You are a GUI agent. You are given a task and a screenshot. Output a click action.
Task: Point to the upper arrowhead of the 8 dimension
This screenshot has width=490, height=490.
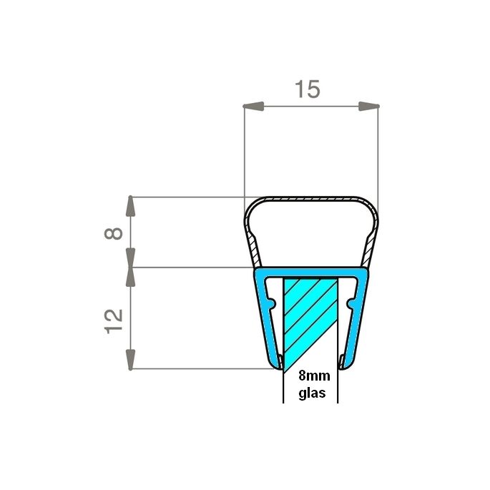[x=130, y=206]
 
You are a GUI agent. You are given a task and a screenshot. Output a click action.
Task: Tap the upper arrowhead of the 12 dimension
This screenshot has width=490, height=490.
[x=130, y=278]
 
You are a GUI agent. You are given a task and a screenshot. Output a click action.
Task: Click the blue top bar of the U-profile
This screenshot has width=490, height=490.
[x=311, y=273]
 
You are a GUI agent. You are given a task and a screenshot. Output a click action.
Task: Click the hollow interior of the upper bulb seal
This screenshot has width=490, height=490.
[x=311, y=232]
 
